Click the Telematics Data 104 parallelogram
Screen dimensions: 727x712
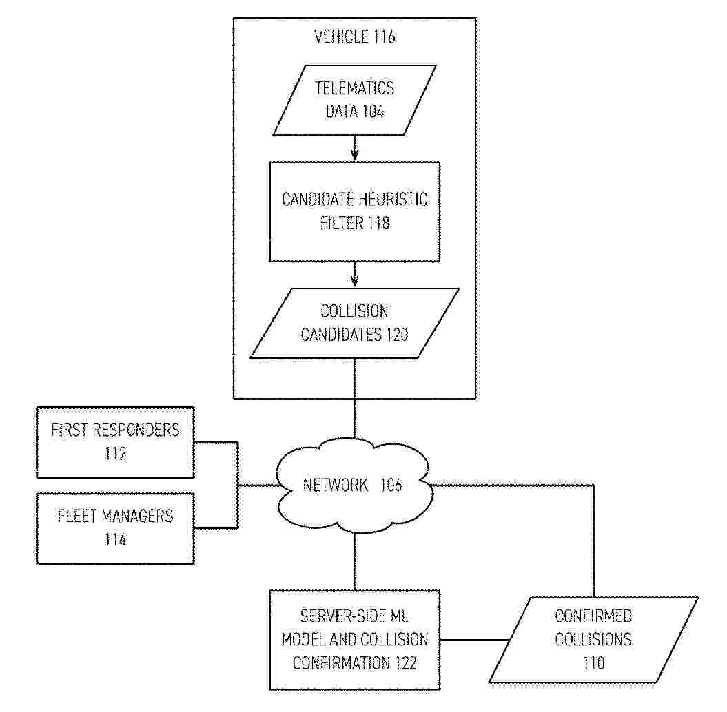355,100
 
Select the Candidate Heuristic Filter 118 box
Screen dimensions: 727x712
355,211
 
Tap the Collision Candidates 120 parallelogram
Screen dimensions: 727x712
355,324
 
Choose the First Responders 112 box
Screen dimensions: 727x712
115,442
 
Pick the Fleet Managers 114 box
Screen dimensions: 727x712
115,529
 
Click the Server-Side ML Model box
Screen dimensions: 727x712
355,640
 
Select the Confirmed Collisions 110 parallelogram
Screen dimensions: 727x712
593,640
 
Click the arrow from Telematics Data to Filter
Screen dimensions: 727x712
355,149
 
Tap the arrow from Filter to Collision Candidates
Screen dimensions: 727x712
355,275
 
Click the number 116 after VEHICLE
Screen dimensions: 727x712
385,36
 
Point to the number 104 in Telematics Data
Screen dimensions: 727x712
373,112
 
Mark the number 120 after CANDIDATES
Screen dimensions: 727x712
397,335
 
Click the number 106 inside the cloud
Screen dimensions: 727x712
391,485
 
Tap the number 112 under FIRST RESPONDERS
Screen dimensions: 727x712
115,454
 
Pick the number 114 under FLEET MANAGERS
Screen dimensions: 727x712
115,540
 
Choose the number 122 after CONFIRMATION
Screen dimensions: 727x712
406,663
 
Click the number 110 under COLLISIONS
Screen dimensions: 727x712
593,663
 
